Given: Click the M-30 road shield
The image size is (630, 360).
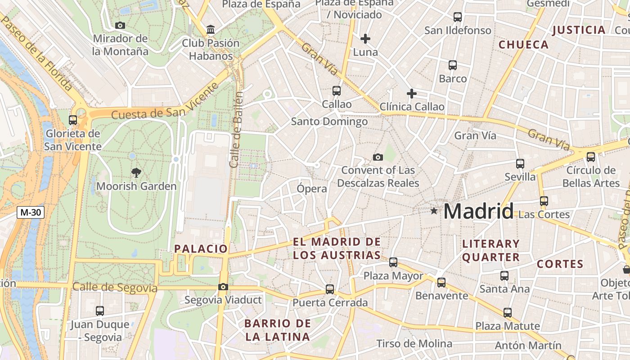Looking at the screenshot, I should tap(31, 212).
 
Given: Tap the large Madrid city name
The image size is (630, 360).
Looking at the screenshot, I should tap(478, 211).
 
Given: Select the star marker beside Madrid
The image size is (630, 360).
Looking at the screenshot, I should tap(434, 211).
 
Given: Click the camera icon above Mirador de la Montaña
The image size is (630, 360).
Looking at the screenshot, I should tap(120, 25).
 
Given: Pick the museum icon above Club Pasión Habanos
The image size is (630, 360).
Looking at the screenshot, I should tap(210, 30).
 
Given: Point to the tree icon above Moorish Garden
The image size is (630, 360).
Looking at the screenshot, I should tap(136, 172).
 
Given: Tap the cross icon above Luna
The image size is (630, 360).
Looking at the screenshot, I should tap(365, 39).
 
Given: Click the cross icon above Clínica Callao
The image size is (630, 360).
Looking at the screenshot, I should tap(411, 94).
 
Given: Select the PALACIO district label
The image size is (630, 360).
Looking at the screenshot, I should tap(201, 248).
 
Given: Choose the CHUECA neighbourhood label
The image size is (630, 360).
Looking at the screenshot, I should tap(523, 45).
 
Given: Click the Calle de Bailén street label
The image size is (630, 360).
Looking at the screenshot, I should tap(237, 130).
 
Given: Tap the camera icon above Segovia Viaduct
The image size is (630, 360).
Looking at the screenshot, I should tap(223, 287).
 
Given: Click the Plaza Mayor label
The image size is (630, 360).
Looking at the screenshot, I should tap(393, 275).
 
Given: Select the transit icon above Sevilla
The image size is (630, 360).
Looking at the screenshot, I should tap(520, 163).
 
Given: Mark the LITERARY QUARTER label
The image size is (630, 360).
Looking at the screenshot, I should tap(491, 251).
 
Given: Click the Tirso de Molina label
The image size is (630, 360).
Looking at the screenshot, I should tap(414, 344).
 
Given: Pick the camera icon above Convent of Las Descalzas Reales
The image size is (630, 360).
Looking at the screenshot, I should tap(378, 157).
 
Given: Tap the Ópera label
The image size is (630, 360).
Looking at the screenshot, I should tap(312, 189).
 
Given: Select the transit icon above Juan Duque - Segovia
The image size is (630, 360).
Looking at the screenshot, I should tap(100, 310).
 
